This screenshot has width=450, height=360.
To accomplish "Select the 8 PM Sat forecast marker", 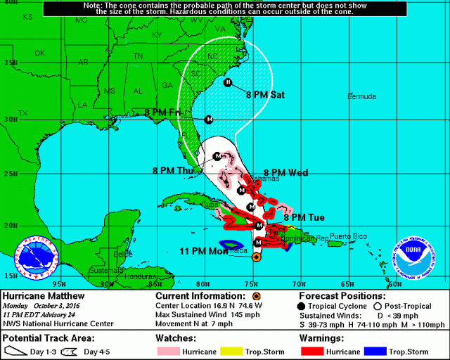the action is pos(227,83).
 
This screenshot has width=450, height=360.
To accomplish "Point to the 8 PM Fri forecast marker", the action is pos(208,120).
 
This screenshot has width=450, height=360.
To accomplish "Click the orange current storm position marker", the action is pos(256,257).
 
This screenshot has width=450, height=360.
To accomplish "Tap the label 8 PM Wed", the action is pos(286,172).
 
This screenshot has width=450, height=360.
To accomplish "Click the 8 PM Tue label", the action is pos(303,217).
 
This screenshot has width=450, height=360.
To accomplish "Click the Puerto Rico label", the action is pos(349,236).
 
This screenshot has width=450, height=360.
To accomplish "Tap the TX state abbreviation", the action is pos(22,113).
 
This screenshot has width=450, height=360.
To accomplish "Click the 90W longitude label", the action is pos(107,284).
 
